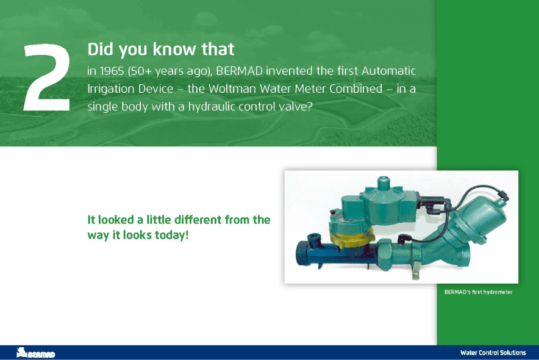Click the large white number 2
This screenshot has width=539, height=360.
[x=46, y=77]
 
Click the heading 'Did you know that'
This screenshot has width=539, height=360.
[x=161, y=49]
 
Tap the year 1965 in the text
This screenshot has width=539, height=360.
[x=112, y=71]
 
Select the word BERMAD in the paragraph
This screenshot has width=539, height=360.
[x=239, y=71]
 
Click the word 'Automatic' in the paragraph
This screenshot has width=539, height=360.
[x=389, y=71]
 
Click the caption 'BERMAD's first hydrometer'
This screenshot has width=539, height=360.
[x=478, y=292]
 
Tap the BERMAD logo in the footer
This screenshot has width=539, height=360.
[x=35, y=353]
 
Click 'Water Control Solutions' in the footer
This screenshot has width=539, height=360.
[x=493, y=353]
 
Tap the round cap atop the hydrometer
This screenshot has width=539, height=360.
[x=382, y=183]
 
